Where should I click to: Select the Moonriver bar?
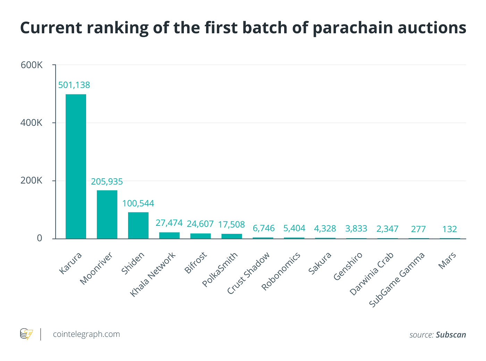107,214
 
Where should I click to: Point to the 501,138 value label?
74,85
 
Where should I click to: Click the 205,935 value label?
107,181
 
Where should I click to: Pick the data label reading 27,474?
169,223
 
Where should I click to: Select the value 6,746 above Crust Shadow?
263,228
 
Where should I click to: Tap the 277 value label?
418,229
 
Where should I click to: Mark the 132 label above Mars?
450,229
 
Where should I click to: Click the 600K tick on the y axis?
32,65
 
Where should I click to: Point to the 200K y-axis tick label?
32,181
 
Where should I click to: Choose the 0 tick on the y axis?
40,238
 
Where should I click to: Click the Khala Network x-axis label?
153,275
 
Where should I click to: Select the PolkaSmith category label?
220,270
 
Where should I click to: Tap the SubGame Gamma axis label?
396,280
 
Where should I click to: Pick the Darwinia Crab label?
371,274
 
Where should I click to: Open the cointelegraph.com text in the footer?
86,334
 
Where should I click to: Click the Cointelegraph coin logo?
26,334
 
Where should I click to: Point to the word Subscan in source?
451,335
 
